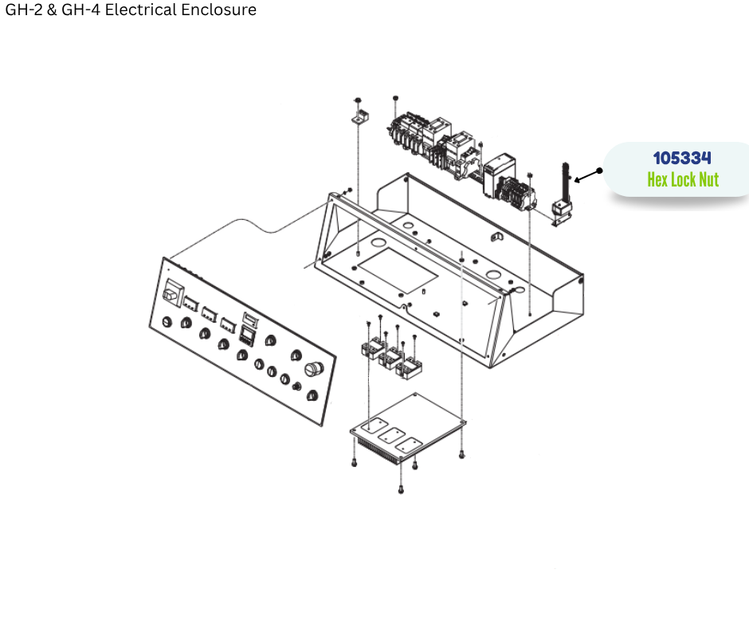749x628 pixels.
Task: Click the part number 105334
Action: click(x=681, y=158)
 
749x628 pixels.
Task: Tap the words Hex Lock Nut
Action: click(x=683, y=179)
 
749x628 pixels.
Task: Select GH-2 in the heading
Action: click(x=23, y=10)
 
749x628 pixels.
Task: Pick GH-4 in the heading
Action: click(x=80, y=10)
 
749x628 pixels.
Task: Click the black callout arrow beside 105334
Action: click(x=588, y=175)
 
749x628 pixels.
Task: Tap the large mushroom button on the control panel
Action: click(x=314, y=369)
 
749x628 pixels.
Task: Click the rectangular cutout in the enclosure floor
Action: click(x=398, y=270)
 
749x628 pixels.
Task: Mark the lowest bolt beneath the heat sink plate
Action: click(x=401, y=489)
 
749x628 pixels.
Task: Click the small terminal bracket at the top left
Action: click(x=361, y=116)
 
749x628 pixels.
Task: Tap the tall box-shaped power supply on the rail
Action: click(x=498, y=175)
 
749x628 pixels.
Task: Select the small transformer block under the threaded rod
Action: click(x=562, y=210)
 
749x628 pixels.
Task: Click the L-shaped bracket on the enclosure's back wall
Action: click(x=497, y=237)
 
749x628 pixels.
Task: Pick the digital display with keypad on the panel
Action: click(x=247, y=335)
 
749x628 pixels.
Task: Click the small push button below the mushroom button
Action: click(x=296, y=386)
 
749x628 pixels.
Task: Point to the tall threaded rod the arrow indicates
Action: click(x=566, y=183)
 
